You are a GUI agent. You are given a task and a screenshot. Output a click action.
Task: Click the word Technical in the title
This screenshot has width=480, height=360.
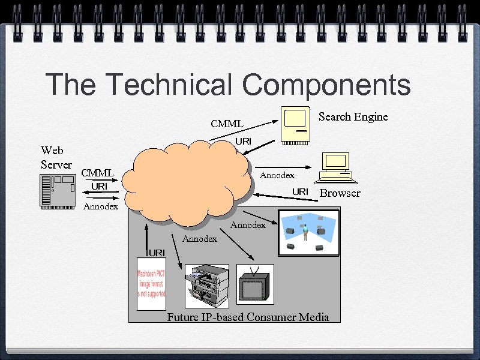pyautogui.click(x=169, y=85)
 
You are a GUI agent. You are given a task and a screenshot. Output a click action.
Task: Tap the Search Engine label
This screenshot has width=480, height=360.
pyautogui.click(x=353, y=116)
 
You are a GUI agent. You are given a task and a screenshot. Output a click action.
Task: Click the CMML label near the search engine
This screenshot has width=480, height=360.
pyautogui.click(x=227, y=124)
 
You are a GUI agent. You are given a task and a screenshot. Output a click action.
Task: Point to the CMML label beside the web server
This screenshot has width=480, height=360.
pyautogui.click(x=97, y=173)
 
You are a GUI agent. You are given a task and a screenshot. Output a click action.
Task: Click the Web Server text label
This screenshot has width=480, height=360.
pyautogui.click(x=56, y=157)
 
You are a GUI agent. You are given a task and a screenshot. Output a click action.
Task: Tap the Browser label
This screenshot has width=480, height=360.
pyautogui.click(x=340, y=193)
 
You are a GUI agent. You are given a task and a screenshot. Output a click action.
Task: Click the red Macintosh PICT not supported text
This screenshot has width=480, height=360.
pyautogui.click(x=151, y=284)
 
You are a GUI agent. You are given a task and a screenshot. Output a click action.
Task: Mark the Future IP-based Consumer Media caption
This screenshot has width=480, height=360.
pyautogui.click(x=248, y=317)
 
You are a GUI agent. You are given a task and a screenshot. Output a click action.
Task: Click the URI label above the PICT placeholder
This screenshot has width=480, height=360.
pyautogui.click(x=157, y=252)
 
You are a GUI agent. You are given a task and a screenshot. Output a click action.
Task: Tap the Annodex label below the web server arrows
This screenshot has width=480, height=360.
pyautogui.click(x=101, y=206)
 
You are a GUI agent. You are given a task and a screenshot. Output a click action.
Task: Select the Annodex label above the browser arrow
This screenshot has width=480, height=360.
pyautogui.click(x=277, y=175)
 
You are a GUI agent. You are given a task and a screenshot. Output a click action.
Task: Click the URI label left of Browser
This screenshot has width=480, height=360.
pyautogui.click(x=300, y=191)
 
